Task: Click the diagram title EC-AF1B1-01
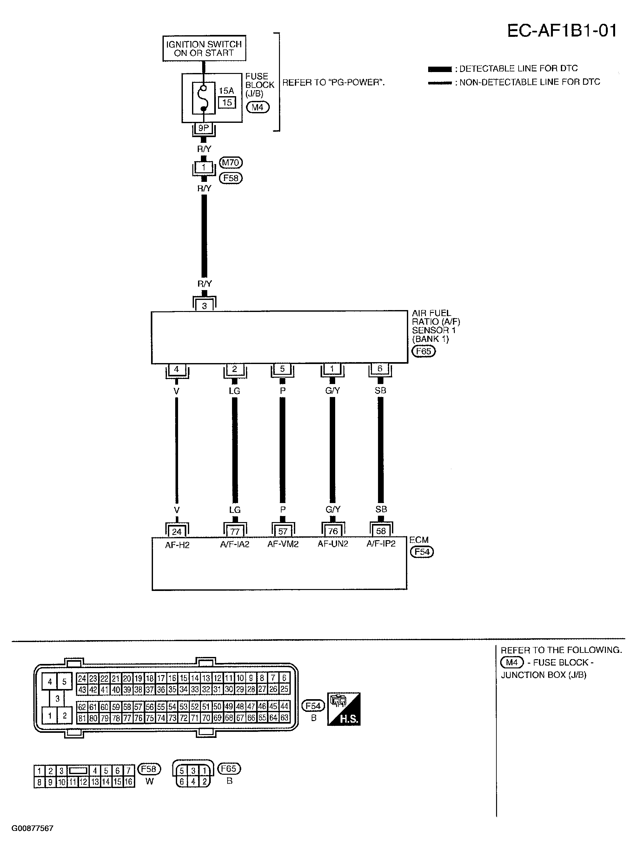click(562, 31)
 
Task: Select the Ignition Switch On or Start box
click(204, 49)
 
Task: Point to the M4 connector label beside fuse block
click(258, 107)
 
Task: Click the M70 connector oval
click(231, 163)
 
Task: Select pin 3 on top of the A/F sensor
click(204, 305)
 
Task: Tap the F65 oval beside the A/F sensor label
click(423, 351)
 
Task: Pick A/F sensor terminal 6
click(380, 369)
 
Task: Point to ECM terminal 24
click(176, 532)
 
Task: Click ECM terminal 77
click(235, 532)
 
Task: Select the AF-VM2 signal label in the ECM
click(283, 544)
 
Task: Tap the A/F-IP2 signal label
click(381, 544)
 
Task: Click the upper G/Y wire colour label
click(332, 390)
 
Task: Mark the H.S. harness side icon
click(343, 709)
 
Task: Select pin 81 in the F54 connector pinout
click(82, 718)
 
